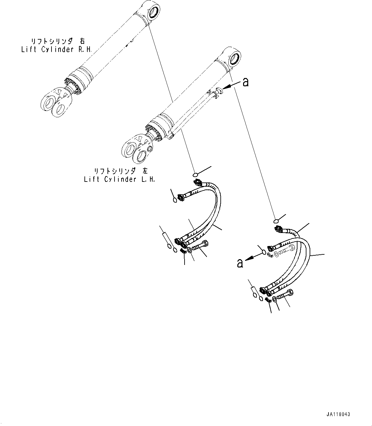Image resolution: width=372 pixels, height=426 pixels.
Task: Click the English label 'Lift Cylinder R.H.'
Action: [x=56, y=50]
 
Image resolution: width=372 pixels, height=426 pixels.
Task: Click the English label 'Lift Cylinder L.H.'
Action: [x=119, y=179]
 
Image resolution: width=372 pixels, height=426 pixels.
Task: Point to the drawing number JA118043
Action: [x=338, y=414]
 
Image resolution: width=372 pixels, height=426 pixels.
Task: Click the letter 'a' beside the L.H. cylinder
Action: [x=245, y=82]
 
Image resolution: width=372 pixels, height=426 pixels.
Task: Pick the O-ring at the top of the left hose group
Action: [x=195, y=174]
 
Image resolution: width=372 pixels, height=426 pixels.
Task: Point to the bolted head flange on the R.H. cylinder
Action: [x=73, y=86]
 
